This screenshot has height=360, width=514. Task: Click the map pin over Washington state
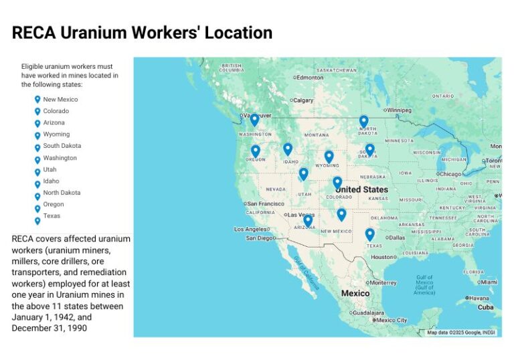(x=254, y=120)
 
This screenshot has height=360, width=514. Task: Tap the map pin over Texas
(x=369, y=234)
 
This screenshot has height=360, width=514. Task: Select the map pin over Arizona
(x=308, y=219)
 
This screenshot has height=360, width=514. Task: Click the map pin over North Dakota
(x=363, y=121)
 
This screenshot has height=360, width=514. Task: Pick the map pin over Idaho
(x=288, y=149)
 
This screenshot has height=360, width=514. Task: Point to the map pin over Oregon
(x=255, y=151)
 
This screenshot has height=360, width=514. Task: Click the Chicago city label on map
(x=451, y=174)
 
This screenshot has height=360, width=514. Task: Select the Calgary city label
(x=303, y=100)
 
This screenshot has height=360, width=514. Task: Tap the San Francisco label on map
(x=266, y=203)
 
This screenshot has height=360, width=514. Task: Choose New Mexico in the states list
(x=60, y=100)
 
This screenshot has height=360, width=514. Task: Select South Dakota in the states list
(x=62, y=146)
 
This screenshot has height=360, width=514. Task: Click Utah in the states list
(x=50, y=169)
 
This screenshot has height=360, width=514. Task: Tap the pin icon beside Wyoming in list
(x=37, y=135)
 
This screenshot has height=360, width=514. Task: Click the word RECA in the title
(x=33, y=33)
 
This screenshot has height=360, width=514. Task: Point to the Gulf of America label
(x=424, y=285)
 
